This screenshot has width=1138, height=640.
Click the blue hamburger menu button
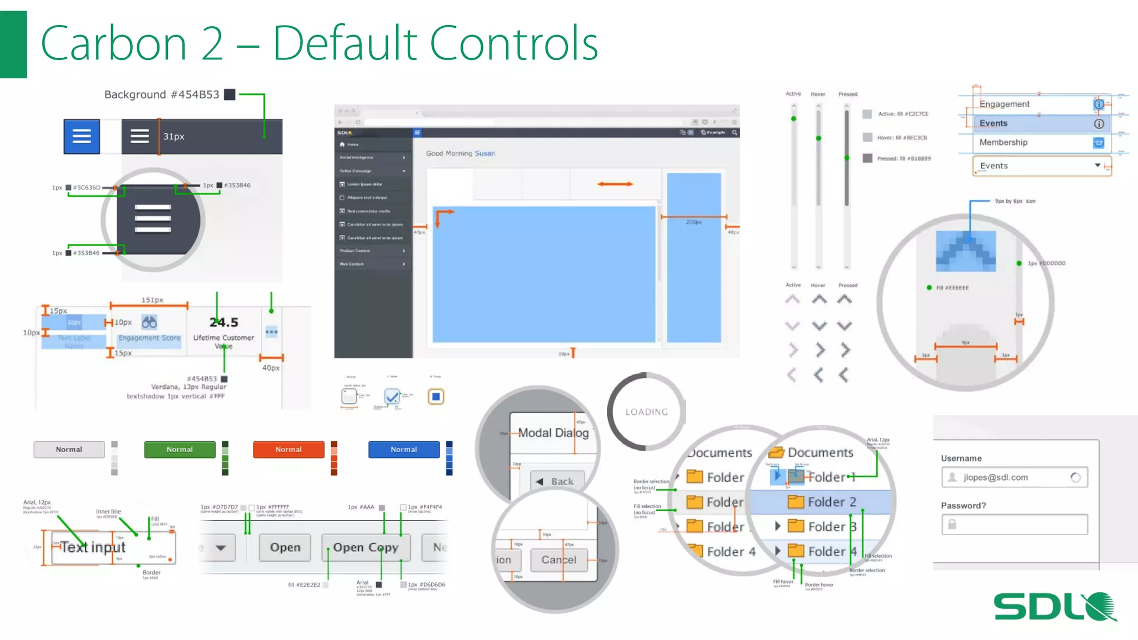coord(82,136)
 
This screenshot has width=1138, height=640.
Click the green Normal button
coord(179,449)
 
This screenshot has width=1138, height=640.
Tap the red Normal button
coord(288,449)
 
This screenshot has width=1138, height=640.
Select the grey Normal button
coord(69,449)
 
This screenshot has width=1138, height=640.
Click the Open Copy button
coord(366,548)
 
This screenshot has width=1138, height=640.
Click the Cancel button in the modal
coord(558,560)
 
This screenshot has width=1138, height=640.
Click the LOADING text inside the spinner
coord(646,412)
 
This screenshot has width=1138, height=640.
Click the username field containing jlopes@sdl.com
coord(1014,477)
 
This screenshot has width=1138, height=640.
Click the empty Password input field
coord(1015,524)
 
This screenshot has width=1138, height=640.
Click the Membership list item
coord(1003,142)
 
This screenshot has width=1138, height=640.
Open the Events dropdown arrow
coord(1097,166)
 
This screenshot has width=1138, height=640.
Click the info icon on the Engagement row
coord(1099,104)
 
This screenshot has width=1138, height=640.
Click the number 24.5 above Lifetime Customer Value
coord(223,322)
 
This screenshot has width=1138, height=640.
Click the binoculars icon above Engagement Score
coord(149,322)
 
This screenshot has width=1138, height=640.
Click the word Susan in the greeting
coord(485,153)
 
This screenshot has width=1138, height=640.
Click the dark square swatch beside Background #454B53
coord(229,94)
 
